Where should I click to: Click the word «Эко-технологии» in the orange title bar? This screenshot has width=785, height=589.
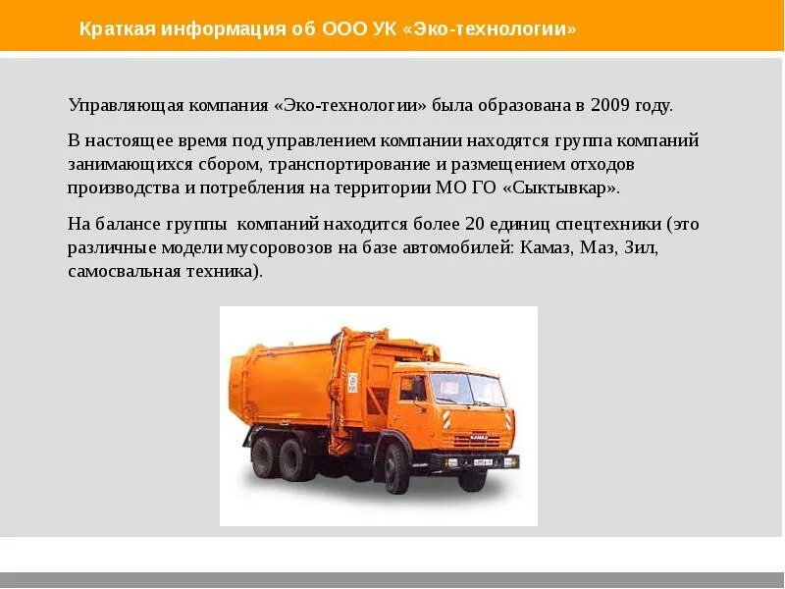(499, 29)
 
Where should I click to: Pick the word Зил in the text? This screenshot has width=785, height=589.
(641, 247)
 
